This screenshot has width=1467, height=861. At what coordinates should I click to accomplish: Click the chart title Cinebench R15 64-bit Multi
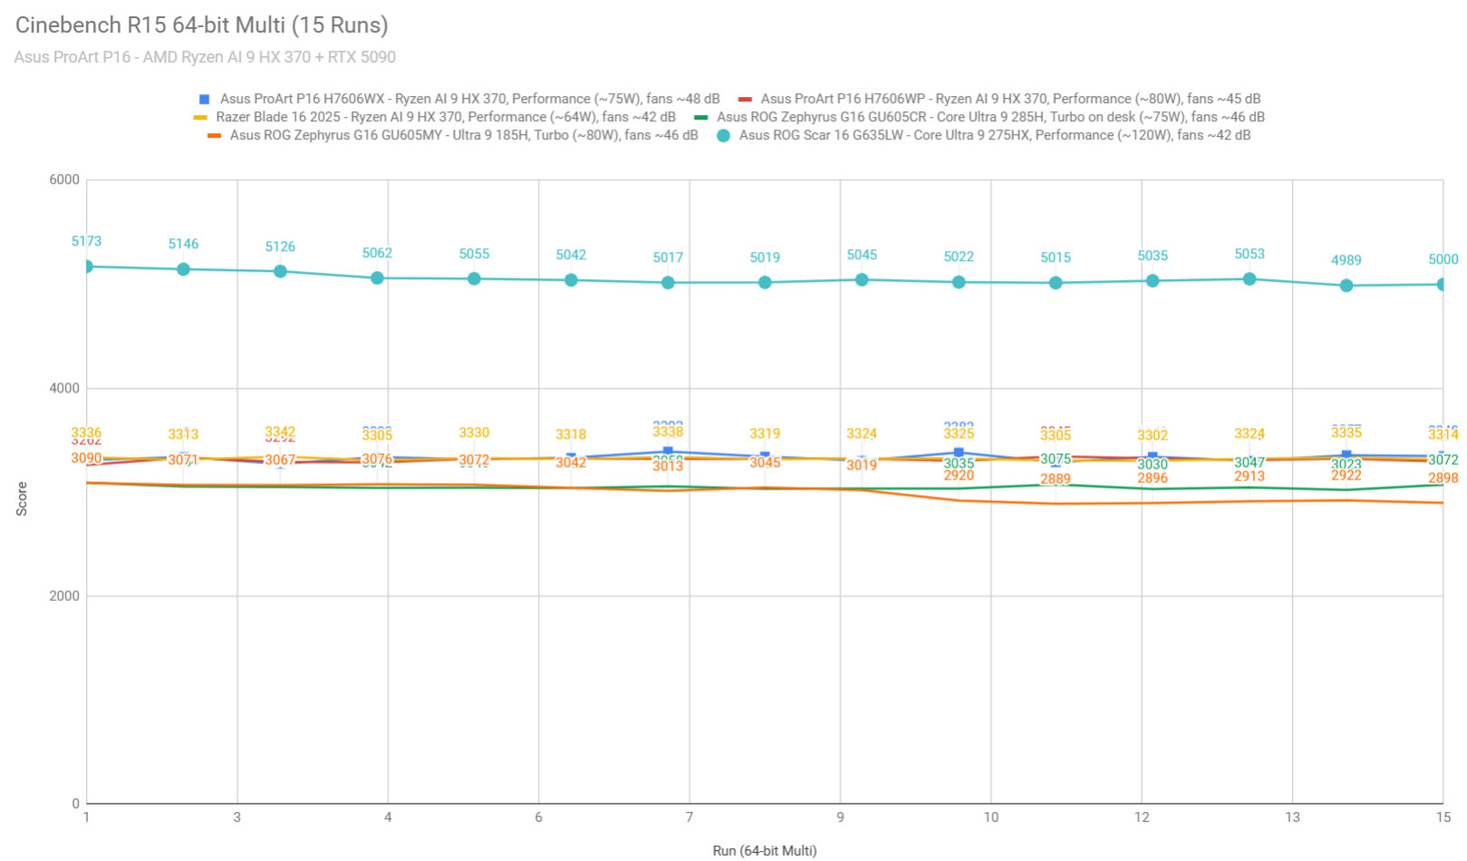tap(201, 25)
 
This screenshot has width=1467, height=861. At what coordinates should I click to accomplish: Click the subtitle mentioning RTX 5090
tap(205, 57)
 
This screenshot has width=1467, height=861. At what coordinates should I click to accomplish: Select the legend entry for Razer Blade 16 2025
tap(445, 117)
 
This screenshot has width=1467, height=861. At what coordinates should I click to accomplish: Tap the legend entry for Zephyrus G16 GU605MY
tap(463, 135)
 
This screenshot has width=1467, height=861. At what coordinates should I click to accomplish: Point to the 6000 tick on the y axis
tap(64, 179)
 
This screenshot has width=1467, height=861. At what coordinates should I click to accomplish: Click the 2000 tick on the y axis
tap(64, 595)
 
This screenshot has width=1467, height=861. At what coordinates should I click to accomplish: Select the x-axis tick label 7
tap(690, 817)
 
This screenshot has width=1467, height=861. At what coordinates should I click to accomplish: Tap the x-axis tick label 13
tap(1292, 817)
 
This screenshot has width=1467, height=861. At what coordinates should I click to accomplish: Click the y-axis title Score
tap(22, 499)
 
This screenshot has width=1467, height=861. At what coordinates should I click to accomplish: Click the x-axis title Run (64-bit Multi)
tap(764, 850)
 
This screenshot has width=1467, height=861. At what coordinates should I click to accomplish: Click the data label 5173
tap(87, 241)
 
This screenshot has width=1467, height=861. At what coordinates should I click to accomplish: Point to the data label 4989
tap(1346, 260)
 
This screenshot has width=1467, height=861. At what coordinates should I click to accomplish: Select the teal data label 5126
tap(280, 247)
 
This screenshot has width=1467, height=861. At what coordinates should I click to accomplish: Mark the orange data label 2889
tap(1056, 479)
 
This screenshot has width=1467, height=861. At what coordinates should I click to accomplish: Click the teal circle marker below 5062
tap(377, 278)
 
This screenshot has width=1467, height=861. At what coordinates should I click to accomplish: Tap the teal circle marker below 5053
tap(1250, 279)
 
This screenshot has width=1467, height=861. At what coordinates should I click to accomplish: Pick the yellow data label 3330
tap(474, 433)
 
